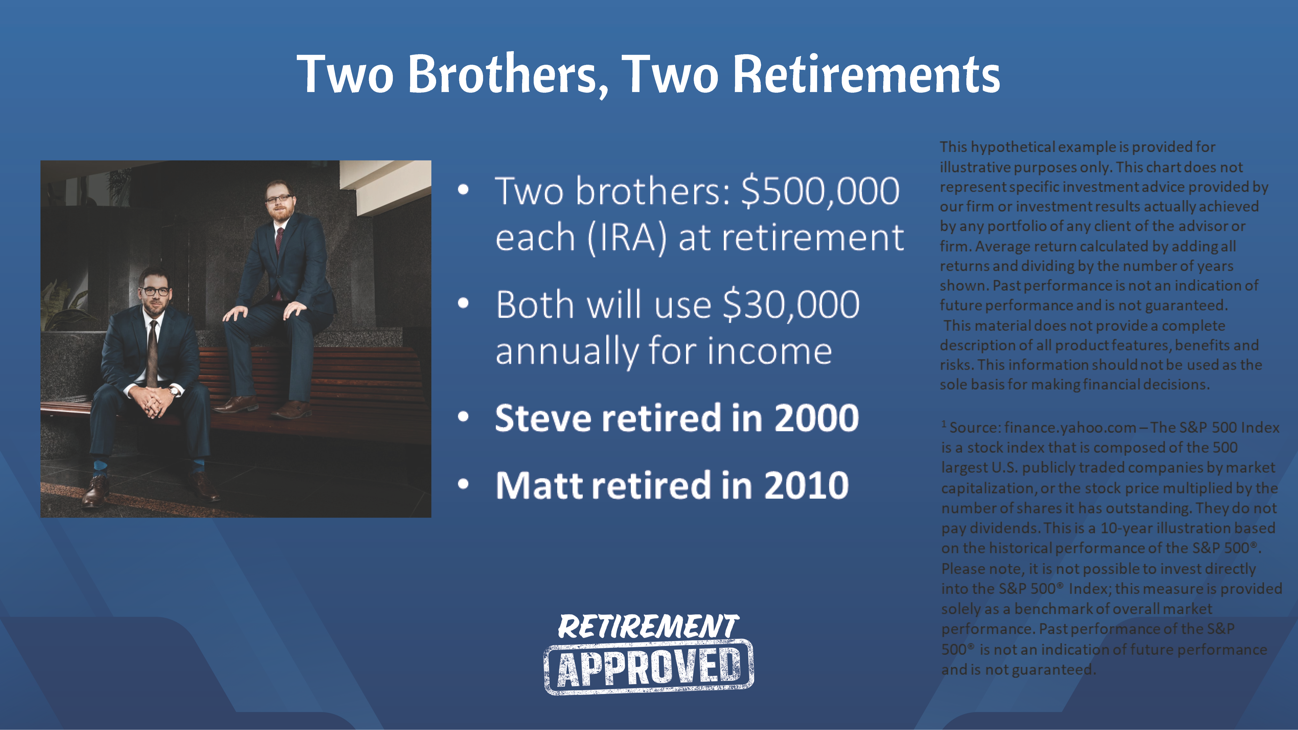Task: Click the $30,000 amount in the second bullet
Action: click(x=791, y=305)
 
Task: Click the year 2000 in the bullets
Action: click(x=816, y=418)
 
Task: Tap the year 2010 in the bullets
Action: click(x=806, y=485)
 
